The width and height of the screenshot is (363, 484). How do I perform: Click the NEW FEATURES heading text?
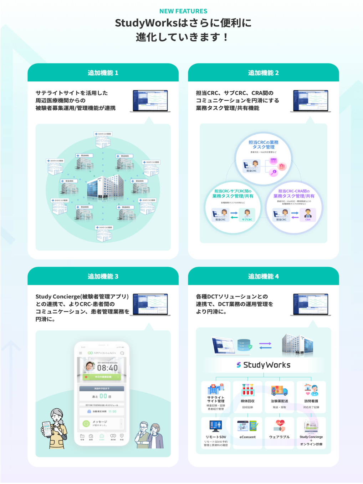point(183,11)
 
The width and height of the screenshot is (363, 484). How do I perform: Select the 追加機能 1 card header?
point(103,73)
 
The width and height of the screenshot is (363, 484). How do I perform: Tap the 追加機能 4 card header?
point(263,276)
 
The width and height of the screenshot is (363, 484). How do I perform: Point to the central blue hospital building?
point(105,186)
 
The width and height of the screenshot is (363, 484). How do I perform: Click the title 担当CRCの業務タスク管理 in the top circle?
point(264,145)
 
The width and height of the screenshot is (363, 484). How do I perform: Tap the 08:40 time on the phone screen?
point(107,368)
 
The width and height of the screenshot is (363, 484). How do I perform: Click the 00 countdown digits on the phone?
point(103,396)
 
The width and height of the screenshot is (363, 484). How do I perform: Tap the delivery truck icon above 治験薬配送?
point(279,390)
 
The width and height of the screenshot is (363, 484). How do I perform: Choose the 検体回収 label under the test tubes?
point(247,401)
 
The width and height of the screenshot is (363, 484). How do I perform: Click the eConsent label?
point(247,437)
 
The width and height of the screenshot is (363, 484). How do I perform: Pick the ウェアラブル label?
point(279,437)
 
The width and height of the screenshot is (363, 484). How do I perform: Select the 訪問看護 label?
point(311,401)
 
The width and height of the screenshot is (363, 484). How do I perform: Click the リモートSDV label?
point(216,437)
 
